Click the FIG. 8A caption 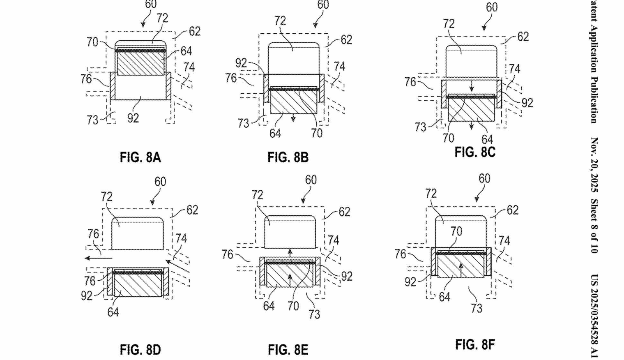point(140,157)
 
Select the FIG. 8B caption point(288,157)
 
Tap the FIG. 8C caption point(475,152)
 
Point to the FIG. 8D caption point(140,350)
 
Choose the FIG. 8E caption point(288,350)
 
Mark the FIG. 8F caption point(475,345)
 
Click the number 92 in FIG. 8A point(133,118)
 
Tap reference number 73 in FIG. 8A point(92,120)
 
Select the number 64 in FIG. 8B point(275,134)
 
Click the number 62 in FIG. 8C point(523,37)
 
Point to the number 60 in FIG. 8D point(160,182)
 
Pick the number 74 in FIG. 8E point(333,240)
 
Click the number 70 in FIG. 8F point(456,231)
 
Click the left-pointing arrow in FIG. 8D point(98,258)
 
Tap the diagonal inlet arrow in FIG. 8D point(177,266)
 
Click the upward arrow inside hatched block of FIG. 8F point(461,270)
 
